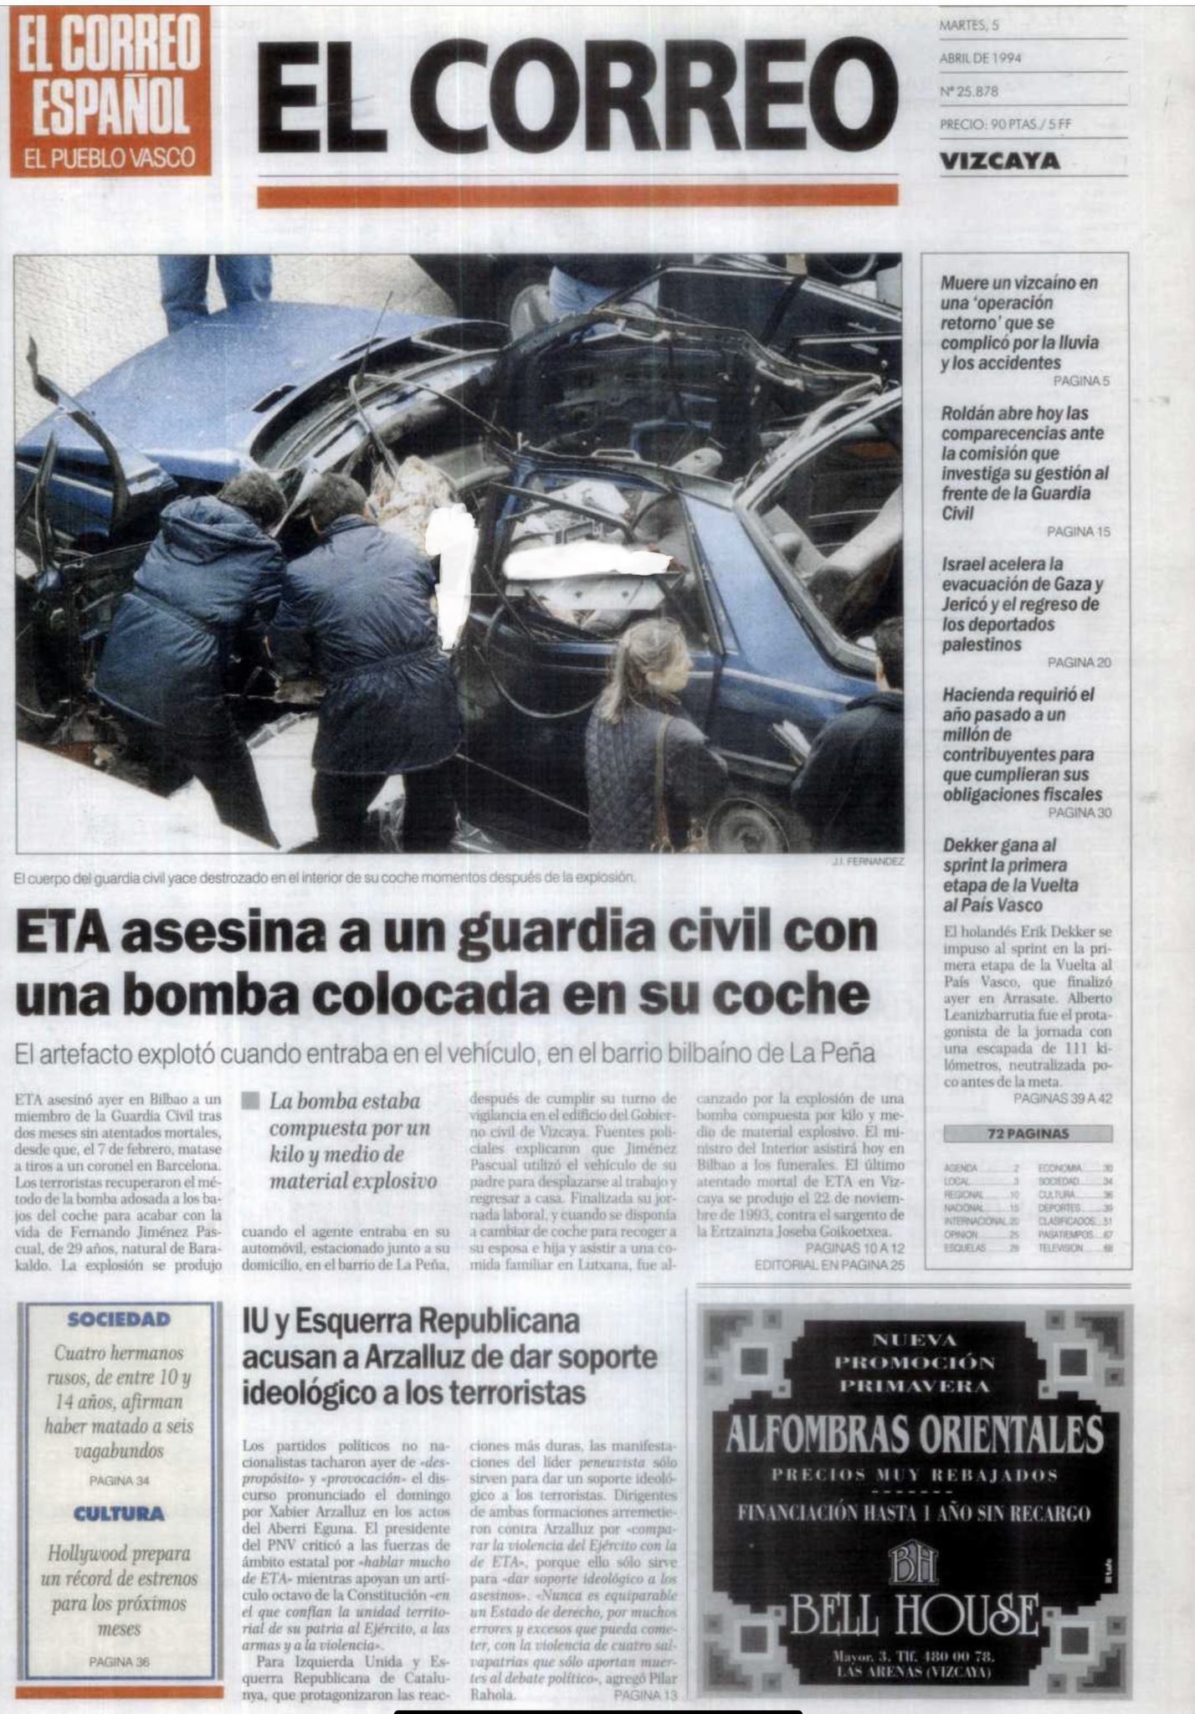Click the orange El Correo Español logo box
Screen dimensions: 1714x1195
(110, 91)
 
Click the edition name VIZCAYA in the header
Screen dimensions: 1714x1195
(999, 160)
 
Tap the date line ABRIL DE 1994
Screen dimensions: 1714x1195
(980, 58)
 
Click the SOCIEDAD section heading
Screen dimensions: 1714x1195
(119, 1320)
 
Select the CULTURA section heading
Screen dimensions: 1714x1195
(119, 1514)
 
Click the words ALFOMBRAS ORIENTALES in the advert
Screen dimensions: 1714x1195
(914, 1434)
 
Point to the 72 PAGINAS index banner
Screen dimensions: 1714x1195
(1027, 1134)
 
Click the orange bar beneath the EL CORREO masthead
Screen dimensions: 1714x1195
(577, 196)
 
